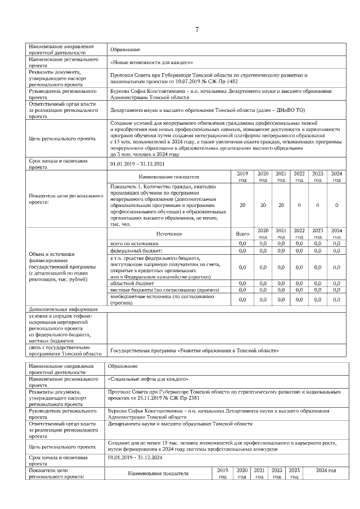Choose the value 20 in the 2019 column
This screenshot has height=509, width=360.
click(x=242, y=205)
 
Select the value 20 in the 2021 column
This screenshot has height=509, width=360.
click(x=281, y=205)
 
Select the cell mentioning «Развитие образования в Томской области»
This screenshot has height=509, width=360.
click(x=194, y=350)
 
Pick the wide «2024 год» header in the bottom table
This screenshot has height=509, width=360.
click(x=322, y=470)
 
